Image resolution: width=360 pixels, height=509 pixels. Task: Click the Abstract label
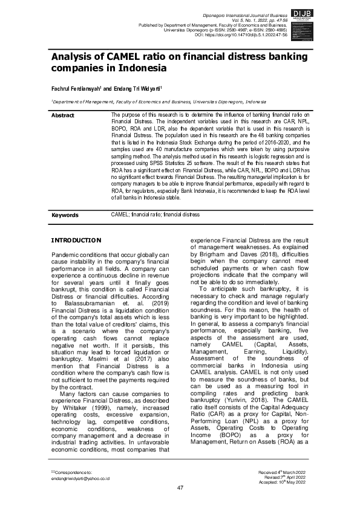[x=63, y=115]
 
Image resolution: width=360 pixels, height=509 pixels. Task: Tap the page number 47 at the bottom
[x=180, y=488]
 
